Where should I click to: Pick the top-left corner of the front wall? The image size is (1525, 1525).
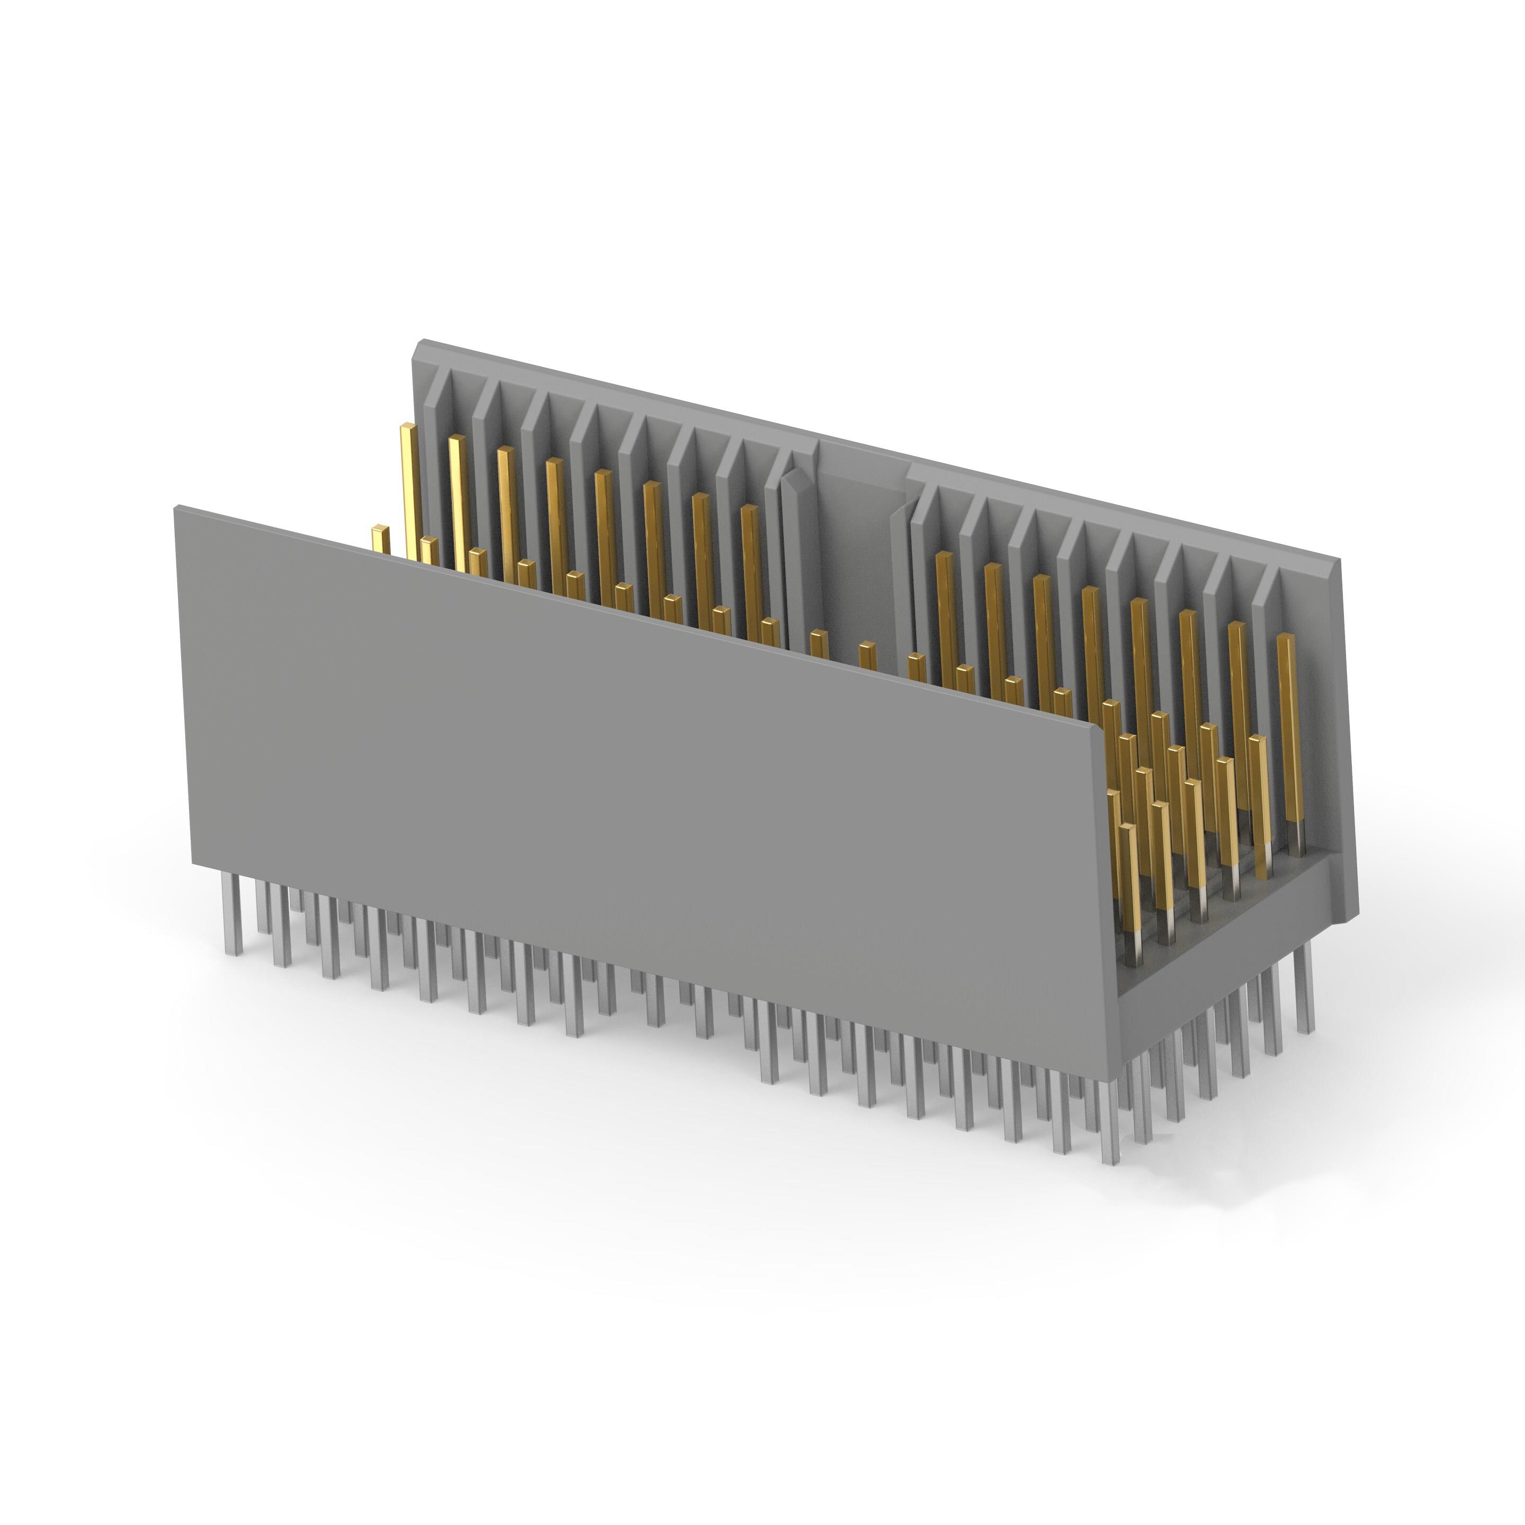tap(176, 508)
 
